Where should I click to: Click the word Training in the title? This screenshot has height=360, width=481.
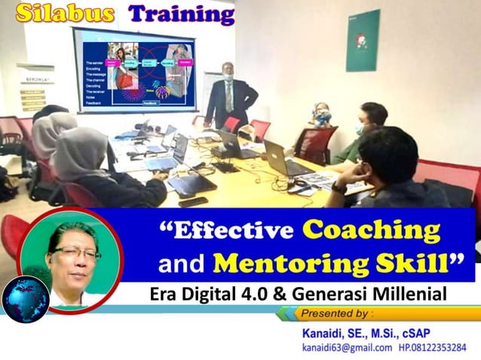click(180, 13)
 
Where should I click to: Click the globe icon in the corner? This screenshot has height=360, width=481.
click(25, 299)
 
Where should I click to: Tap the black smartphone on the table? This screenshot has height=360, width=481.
click(193, 201)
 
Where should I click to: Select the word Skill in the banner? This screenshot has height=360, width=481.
click(427, 264)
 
